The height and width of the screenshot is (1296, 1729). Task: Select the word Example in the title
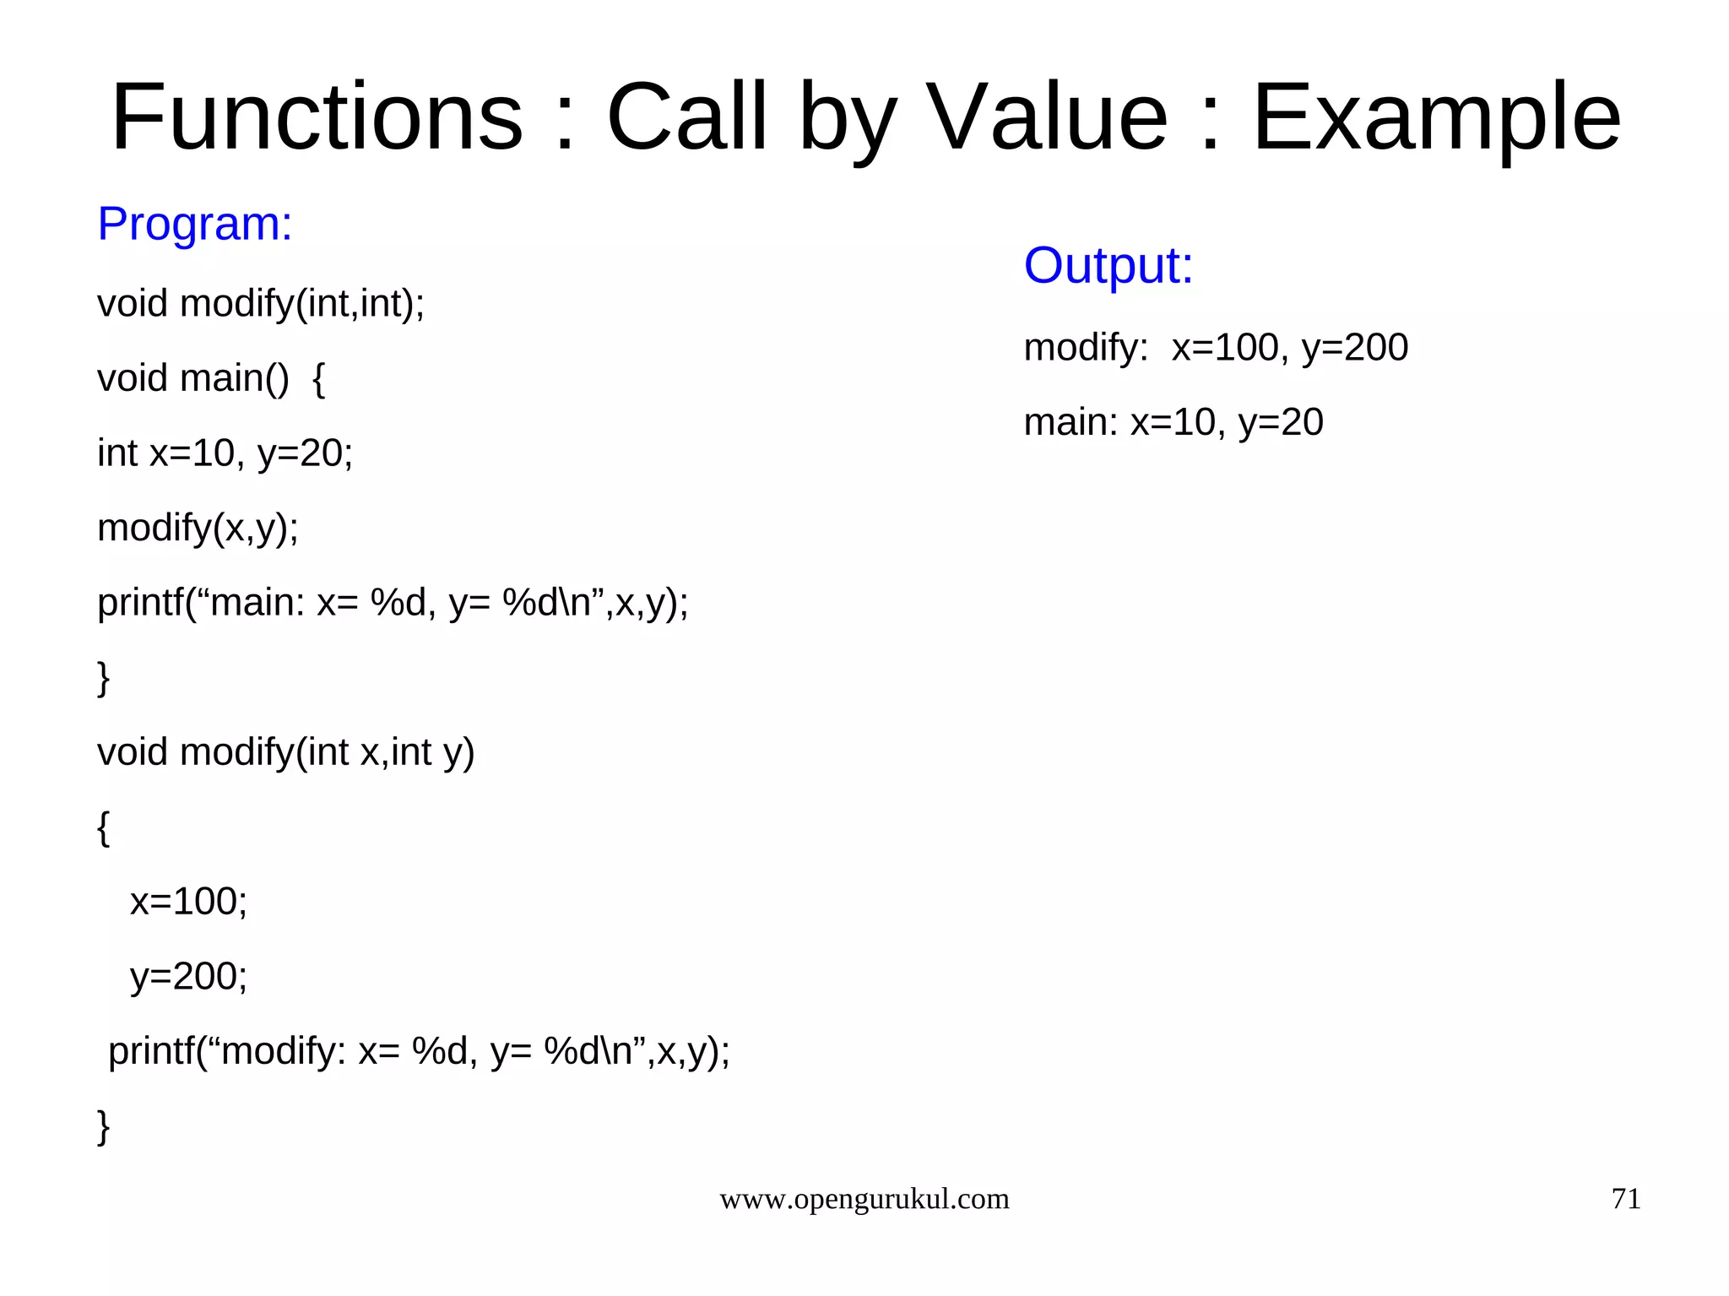(1435, 118)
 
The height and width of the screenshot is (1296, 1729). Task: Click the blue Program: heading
(195, 224)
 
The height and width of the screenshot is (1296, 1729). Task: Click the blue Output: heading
(1108, 265)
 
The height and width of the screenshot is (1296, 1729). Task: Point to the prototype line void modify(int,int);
(261, 304)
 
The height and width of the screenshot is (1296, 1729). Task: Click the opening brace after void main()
(318, 378)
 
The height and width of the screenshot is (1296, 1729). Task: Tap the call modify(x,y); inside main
(198, 529)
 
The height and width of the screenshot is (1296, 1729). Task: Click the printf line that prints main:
(393, 603)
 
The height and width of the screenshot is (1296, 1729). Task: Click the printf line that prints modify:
(419, 1052)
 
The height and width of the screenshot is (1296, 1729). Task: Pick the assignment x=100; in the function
(188, 902)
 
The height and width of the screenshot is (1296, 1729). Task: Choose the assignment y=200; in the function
(188, 977)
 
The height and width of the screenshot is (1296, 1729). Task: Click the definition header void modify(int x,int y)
(285, 752)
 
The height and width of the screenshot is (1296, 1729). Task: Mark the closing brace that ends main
(104, 678)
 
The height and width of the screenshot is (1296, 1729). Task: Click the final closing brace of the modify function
(104, 1126)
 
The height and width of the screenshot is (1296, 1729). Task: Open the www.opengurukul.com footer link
(864, 1199)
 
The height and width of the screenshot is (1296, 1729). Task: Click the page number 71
(1625, 1199)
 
